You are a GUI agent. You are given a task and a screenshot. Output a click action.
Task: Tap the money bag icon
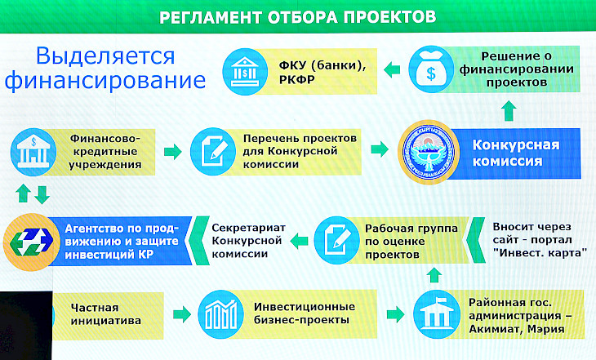[x=431, y=69]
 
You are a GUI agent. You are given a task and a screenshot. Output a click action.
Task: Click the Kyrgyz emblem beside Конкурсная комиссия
[x=429, y=152]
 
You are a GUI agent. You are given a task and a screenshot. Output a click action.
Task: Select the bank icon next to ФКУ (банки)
[x=245, y=72]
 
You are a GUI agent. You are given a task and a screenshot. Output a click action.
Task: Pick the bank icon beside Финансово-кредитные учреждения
[x=33, y=152]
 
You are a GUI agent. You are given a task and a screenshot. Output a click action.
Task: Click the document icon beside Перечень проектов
[x=213, y=151]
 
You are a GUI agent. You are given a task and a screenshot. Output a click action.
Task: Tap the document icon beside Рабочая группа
[x=336, y=240]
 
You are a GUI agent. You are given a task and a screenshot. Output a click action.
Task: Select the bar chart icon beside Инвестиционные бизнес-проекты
[x=220, y=314]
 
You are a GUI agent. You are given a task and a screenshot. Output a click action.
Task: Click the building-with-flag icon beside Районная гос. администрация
[x=436, y=315]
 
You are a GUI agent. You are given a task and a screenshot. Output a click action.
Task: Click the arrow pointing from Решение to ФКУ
[x=392, y=70]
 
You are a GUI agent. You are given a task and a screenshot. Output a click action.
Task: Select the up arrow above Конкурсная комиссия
[x=509, y=111]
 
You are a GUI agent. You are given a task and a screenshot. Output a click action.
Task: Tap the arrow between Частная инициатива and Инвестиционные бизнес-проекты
[x=182, y=314]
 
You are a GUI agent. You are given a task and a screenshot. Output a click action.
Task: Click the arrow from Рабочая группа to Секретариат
[x=299, y=241]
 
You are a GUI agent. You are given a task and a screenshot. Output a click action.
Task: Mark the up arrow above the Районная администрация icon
[x=434, y=274]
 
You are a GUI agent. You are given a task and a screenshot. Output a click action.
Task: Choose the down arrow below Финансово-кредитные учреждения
[x=42, y=194]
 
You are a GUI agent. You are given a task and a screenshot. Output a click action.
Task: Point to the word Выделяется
[x=105, y=56]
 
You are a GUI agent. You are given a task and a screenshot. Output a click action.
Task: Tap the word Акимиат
[x=490, y=329]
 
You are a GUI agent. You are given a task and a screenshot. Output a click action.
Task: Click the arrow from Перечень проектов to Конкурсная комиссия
[x=380, y=149]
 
